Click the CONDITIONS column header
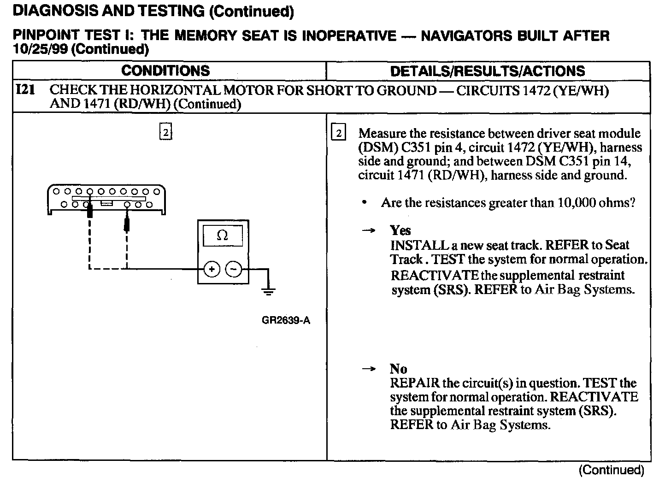166,71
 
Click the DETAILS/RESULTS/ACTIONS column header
488,71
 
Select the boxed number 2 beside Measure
338,133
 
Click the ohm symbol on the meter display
222,236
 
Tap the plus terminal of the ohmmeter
212,270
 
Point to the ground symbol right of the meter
268,290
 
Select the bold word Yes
400,230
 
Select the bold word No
398,369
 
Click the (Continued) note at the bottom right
611,470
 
